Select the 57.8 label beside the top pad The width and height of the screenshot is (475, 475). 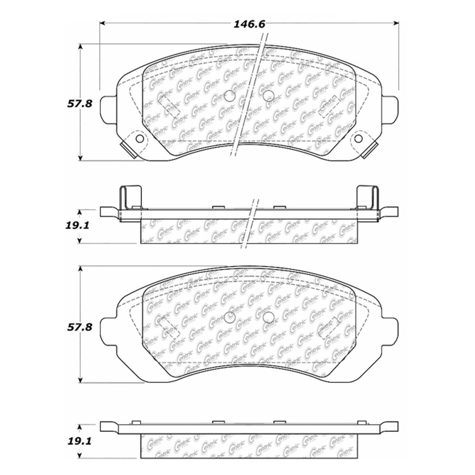click(80, 103)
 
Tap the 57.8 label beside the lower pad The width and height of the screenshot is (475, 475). click(80, 327)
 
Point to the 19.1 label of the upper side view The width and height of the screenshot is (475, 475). click(78, 226)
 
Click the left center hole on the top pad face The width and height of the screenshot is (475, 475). click(229, 96)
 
